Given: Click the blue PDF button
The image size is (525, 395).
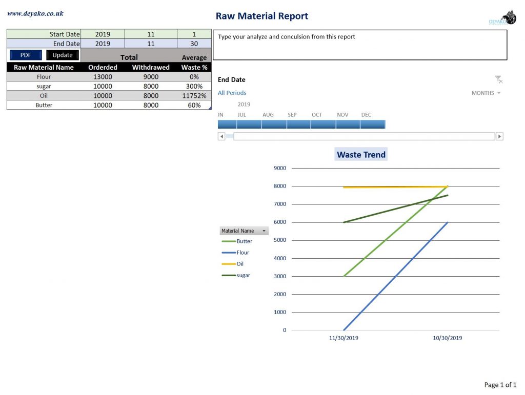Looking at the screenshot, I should pyautogui.click(x=26, y=55).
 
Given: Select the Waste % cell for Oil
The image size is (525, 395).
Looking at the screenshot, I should pyautogui.click(x=194, y=96).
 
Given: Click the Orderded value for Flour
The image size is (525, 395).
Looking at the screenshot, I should pyautogui.click(x=103, y=77).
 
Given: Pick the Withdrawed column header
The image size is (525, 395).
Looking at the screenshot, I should pyautogui.click(x=151, y=67).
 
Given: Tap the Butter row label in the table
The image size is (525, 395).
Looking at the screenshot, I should pyautogui.click(x=44, y=105).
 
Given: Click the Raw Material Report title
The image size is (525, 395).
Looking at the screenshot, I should pyautogui.click(x=261, y=16).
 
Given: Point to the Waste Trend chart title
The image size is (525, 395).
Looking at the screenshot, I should pyautogui.click(x=361, y=155).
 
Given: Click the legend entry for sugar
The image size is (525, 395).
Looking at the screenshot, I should pyautogui.click(x=244, y=276).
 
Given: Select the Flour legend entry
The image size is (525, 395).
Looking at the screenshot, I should pyautogui.click(x=243, y=253).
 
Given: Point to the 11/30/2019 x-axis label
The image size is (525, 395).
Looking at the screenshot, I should pyautogui.click(x=344, y=338).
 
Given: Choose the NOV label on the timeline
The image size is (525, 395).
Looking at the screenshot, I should pyautogui.click(x=342, y=115).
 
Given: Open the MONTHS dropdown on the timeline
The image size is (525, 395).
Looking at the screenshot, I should pyautogui.click(x=486, y=93).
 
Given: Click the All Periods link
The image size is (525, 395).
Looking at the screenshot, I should pyautogui.click(x=232, y=93).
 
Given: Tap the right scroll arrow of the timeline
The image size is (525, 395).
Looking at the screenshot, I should pyautogui.click(x=499, y=136).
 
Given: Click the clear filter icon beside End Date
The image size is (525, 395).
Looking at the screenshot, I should pyautogui.click(x=498, y=79).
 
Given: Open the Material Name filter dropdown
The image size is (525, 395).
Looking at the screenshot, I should pyautogui.click(x=264, y=231).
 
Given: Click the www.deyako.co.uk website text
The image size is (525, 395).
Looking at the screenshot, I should pyautogui.click(x=35, y=14).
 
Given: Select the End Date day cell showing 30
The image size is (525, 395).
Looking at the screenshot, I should pyautogui.click(x=194, y=44).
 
